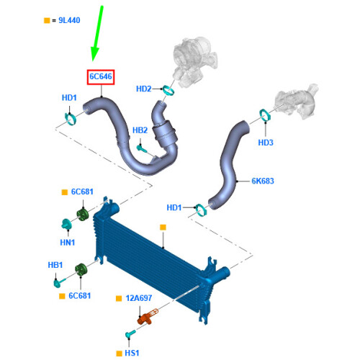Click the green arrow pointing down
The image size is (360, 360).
pyautogui.click(x=96, y=34)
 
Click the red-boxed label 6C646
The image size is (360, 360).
pyautogui.click(x=101, y=77)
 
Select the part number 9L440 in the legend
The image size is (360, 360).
pyautogui.click(x=69, y=20)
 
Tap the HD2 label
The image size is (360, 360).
pyautogui.click(x=144, y=89)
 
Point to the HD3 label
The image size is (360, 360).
pyautogui.click(x=266, y=143)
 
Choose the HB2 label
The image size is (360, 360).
pyautogui.click(x=140, y=130)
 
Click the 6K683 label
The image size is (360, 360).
pyautogui.click(x=263, y=181)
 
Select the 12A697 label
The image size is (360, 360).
pyautogui.click(x=139, y=298)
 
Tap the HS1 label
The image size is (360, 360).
pyautogui.click(x=132, y=353)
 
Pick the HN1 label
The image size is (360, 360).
pyautogui.click(x=68, y=243)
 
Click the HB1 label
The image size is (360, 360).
pyautogui.click(x=55, y=265)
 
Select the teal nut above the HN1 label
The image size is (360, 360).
pyautogui.click(x=66, y=224)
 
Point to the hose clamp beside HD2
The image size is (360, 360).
pyautogui.click(x=168, y=90)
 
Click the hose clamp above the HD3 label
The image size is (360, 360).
pyautogui.click(x=265, y=116)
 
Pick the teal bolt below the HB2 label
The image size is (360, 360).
pyautogui.click(x=141, y=148)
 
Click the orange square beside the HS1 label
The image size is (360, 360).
pyautogui.click(x=119, y=354)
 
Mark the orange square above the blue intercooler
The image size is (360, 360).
pyautogui.click(x=163, y=228)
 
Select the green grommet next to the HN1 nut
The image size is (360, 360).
pyautogui.click(x=83, y=215)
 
